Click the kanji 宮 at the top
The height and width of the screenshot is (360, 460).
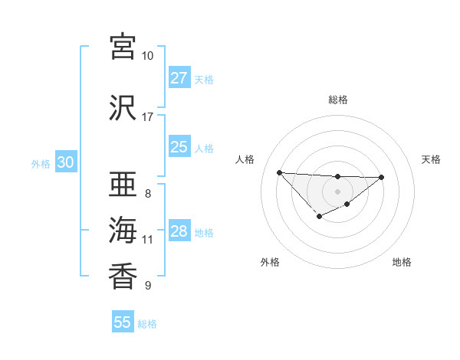pyautogui.click(x=123, y=47)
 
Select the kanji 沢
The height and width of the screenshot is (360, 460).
pyautogui.click(x=123, y=108)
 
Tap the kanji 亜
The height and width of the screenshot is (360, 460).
pyautogui.click(x=123, y=185)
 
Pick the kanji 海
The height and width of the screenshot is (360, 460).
pyautogui.click(x=123, y=230)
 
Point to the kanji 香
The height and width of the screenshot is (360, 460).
pyautogui.click(x=123, y=276)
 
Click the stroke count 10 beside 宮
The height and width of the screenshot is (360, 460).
pyautogui.click(x=148, y=56)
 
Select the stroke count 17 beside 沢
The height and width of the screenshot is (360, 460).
pyautogui.click(x=148, y=117)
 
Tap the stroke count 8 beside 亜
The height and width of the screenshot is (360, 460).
pyautogui.click(x=148, y=194)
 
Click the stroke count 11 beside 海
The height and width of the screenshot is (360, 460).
pyautogui.click(x=148, y=240)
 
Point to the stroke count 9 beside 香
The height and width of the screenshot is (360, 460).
pyautogui.click(x=148, y=286)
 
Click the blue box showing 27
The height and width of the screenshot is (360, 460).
pyautogui.click(x=179, y=78)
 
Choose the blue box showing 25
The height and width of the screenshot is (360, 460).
pyautogui.click(x=179, y=147)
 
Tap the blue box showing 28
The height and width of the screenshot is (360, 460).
pyautogui.click(x=179, y=231)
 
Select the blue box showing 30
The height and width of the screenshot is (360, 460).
pyautogui.click(x=66, y=162)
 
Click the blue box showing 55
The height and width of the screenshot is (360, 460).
pyautogui.click(x=123, y=322)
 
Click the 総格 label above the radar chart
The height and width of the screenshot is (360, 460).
pyautogui.click(x=337, y=100)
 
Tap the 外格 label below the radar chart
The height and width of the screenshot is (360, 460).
pyautogui.click(x=270, y=262)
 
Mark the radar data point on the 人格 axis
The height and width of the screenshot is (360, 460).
pyautogui.click(x=279, y=172)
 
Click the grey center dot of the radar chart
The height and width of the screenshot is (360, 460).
pyautogui.click(x=337, y=191)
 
